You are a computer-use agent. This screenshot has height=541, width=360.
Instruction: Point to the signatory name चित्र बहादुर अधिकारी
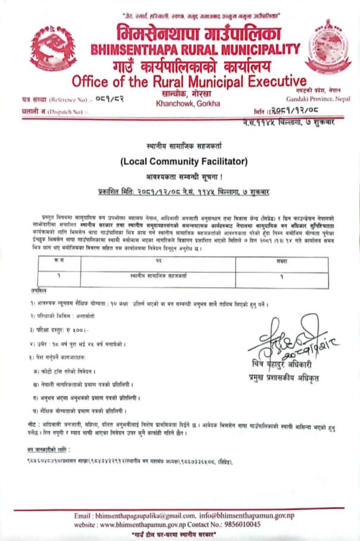point(281,364)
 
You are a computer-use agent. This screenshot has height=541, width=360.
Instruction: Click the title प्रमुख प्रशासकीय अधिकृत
point(281,377)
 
